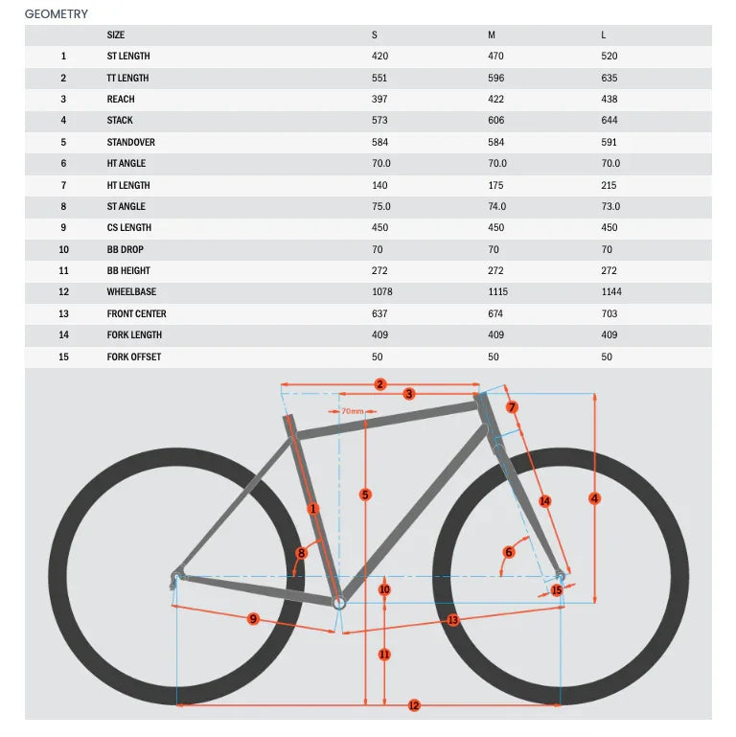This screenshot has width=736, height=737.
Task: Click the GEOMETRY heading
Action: coord(57,14)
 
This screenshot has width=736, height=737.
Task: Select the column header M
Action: coord(492,35)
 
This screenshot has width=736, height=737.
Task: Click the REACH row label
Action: coord(121,100)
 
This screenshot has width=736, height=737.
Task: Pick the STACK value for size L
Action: coord(609,121)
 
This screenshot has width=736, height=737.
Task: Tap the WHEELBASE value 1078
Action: coord(382,292)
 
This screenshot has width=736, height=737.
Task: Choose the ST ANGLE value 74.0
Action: coord(497,207)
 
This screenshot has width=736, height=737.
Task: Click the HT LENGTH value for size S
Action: coord(380,185)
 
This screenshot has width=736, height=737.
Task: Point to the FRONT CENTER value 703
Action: coord(609,314)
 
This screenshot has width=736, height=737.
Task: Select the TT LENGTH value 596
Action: coord(496,79)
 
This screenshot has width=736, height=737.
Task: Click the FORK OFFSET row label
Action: coord(134,357)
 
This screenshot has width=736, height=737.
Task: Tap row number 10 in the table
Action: coord(64,249)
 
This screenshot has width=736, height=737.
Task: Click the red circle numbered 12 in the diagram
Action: coord(414,705)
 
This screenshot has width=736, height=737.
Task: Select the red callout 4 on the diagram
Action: coord(595,498)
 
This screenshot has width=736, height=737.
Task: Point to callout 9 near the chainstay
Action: coord(253,619)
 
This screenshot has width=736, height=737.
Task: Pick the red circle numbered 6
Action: coord(509,552)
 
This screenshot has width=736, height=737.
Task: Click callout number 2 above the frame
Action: coord(380,384)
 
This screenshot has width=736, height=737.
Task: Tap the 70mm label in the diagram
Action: coord(353,411)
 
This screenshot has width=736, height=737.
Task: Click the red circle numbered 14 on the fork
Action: coord(544,501)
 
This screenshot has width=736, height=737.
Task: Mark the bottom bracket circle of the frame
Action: coord(338,602)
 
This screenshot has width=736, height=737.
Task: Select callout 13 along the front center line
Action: coord(453,620)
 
